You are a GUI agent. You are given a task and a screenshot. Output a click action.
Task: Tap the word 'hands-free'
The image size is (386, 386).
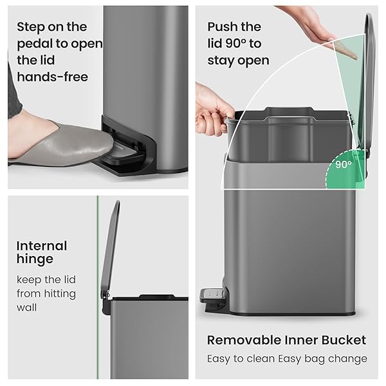(52, 77)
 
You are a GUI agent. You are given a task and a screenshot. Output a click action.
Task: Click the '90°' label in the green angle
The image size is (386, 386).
(344, 164)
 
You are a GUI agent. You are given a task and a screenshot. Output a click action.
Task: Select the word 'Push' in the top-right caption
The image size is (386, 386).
(222, 27)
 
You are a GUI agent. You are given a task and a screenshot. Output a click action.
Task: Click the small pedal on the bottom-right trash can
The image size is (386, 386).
(213, 295)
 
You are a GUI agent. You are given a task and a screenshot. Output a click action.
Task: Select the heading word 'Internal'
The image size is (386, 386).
(41, 246)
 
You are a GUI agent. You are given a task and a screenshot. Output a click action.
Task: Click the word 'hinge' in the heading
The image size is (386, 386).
(35, 260)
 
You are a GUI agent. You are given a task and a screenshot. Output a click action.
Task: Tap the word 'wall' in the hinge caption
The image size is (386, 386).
(28, 308)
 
